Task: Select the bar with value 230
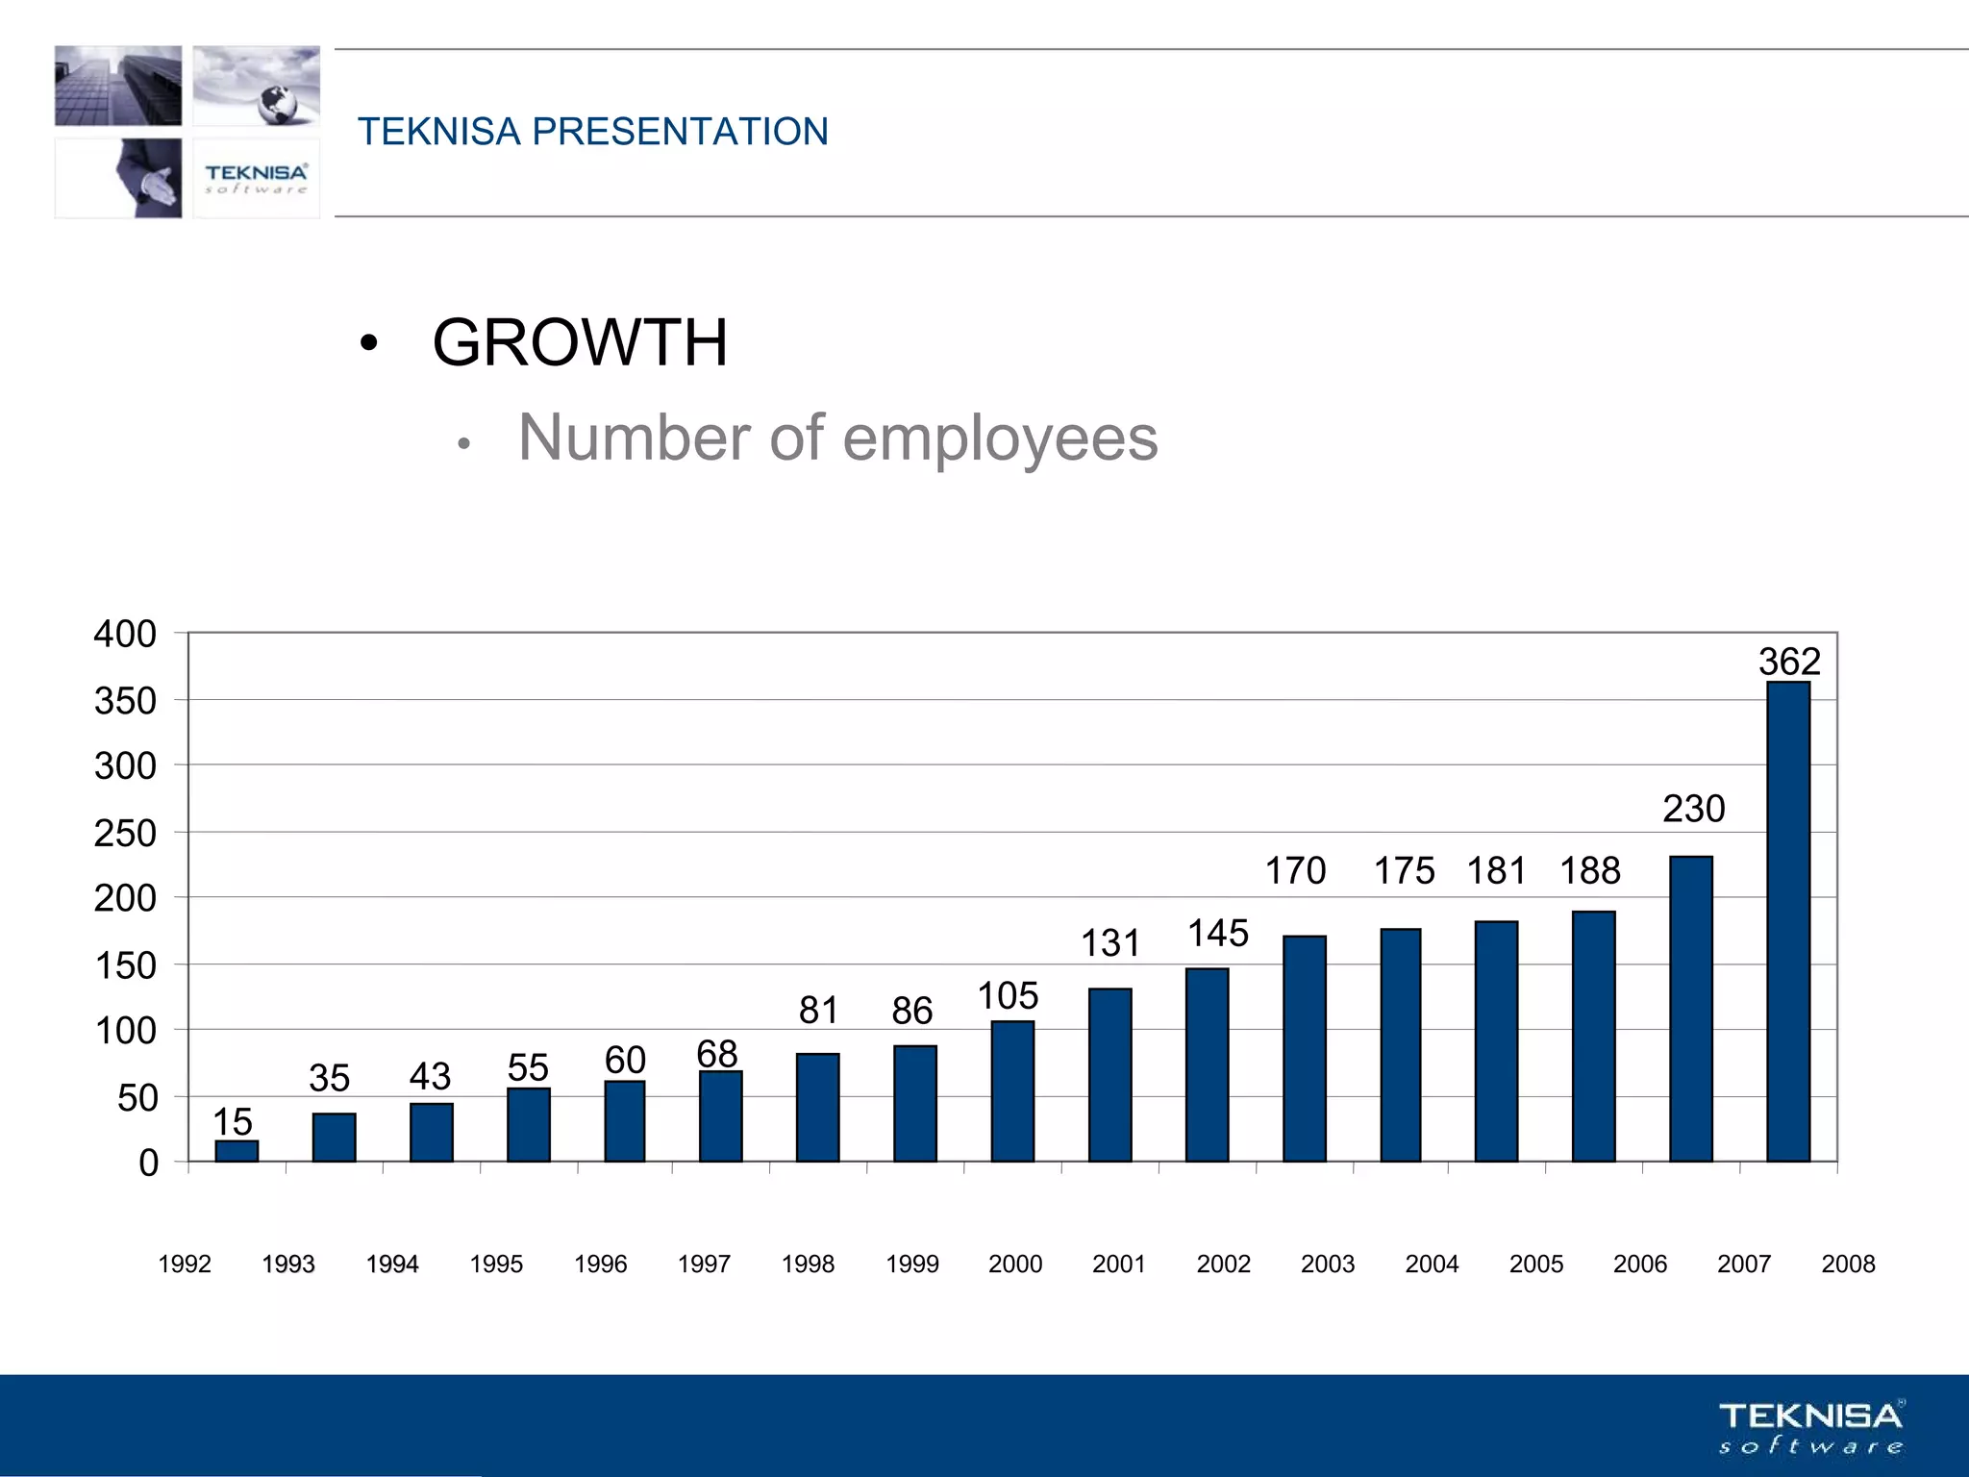(1691, 1009)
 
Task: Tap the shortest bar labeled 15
(237, 1151)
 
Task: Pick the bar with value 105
(1012, 1091)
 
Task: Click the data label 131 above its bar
(1110, 943)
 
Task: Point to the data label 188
(1590, 871)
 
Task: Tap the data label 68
(717, 1054)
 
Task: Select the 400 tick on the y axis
(125, 635)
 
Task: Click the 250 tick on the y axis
(125, 834)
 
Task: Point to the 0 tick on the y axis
(148, 1164)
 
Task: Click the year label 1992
(185, 1264)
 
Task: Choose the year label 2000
(1015, 1264)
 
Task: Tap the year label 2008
(1848, 1264)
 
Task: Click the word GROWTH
(580, 343)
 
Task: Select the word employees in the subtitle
(1000, 438)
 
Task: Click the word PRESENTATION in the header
(680, 132)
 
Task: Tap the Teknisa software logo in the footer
(1811, 1427)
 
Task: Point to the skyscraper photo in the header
(118, 86)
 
